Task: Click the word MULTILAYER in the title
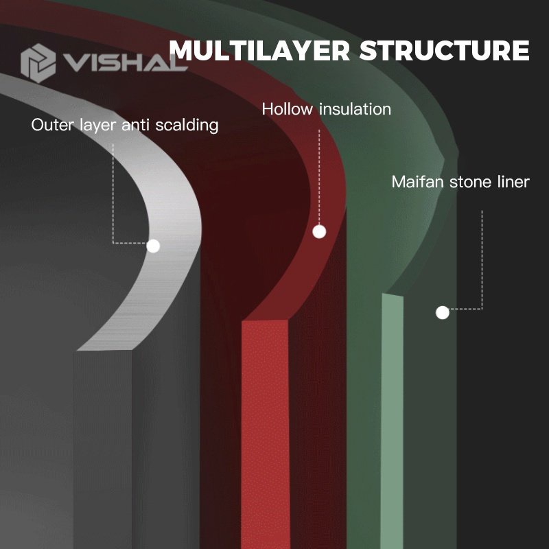point(259,50)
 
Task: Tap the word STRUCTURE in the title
point(445,50)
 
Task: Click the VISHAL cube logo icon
point(38,63)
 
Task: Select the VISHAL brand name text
point(125,63)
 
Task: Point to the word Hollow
point(287,109)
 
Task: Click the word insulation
point(355,109)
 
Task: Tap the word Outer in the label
point(53,125)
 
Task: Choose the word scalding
point(187,126)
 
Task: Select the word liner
point(513,182)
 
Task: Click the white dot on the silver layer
point(153,246)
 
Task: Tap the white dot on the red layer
point(319,232)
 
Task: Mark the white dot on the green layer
point(443,313)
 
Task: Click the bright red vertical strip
point(265,434)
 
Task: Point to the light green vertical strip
point(392,420)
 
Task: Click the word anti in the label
point(135,125)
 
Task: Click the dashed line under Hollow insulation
point(319,177)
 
